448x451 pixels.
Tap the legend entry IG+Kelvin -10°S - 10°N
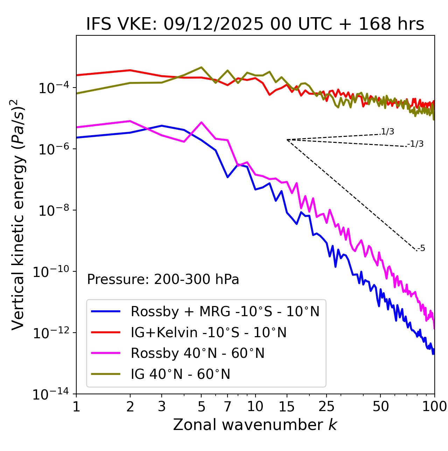[x=209, y=332]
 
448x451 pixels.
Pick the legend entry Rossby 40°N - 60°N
[x=197, y=353]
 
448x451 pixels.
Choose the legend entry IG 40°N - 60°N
[x=180, y=374]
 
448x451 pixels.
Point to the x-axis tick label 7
[x=227, y=406]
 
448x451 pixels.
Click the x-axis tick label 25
[x=327, y=406]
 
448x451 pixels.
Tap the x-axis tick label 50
[x=380, y=406]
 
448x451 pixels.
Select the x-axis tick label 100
[x=434, y=406]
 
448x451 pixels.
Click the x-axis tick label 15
[x=287, y=406]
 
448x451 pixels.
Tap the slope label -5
[x=421, y=249]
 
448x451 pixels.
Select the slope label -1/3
[x=416, y=144]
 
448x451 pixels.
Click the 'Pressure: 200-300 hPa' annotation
[x=163, y=279]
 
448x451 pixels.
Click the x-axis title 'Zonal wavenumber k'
[x=255, y=425]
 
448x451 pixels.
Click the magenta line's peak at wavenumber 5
[x=201, y=122]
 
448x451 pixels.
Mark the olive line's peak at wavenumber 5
[x=201, y=67]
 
